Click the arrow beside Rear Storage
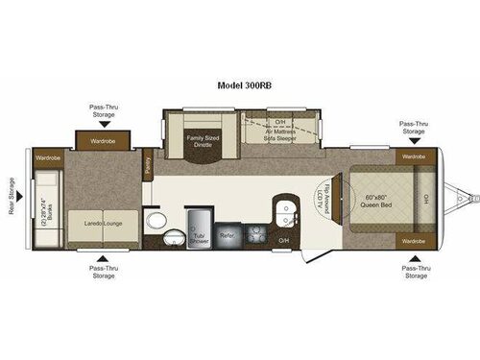pyautogui.click(x=24, y=196)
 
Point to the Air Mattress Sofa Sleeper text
pyautogui.click(x=280, y=132)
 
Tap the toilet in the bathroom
pyautogui.click(x=157, y=220)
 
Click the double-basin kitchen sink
pyautogui.click(x=284, y=213)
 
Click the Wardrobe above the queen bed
pyautogui.click(x=413, y=156)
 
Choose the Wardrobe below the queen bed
pyautogui.click(x=413, y=241)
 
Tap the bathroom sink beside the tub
pyautogui.click(x=174, y=235)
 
